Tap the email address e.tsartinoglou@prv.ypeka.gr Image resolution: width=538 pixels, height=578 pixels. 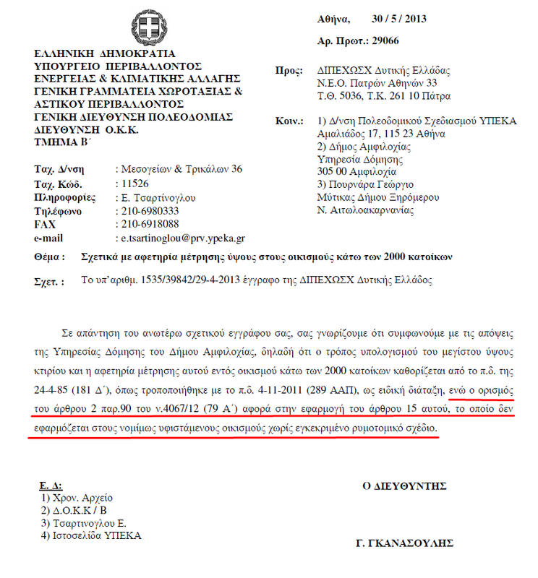click(183, 238)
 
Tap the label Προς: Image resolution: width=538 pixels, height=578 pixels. click(291, 71)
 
